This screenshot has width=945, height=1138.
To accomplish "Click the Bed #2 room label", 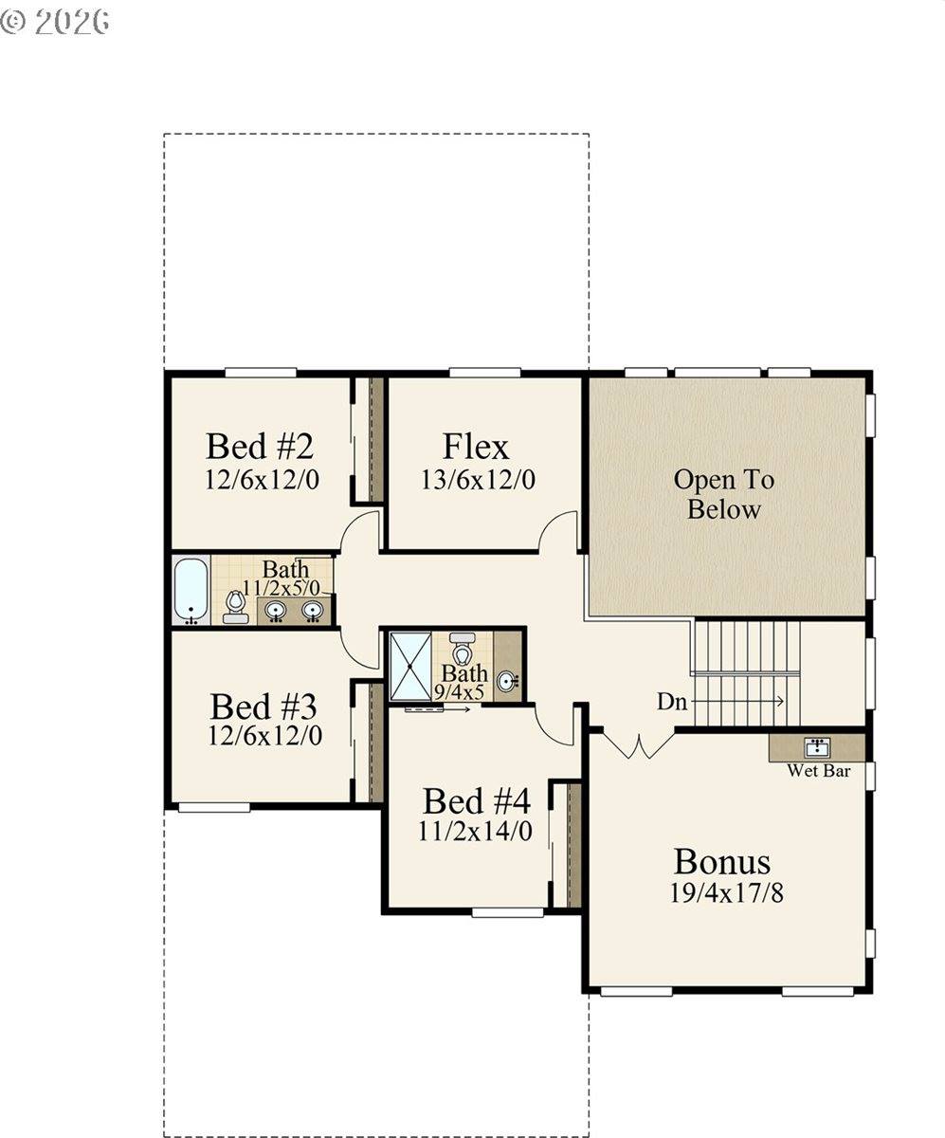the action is click(x=260, y=447).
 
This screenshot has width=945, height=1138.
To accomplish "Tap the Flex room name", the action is click(x=476, y=447).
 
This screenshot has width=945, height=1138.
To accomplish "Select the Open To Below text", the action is click(x=724, y=494).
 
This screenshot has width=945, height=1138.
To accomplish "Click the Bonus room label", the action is click(x=722, y=862).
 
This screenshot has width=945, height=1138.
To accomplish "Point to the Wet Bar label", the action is click(x=819, y=771).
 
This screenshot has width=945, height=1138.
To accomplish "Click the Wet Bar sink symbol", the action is click(x=817, y=748).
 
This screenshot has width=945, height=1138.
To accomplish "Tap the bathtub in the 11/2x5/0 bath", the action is click(x=191, y=591).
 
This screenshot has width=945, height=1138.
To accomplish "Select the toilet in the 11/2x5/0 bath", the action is click(x=235, y=608).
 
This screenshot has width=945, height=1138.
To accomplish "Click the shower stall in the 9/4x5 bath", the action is click(x=410, y=666).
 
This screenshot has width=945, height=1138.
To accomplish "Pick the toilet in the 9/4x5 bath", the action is click(x=463, y=648).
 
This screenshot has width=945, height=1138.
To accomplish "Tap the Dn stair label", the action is click(x=672, y=702).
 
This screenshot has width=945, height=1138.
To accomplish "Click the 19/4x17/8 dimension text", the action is click(x=726, y=894).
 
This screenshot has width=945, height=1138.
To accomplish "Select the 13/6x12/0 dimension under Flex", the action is click(x=478, y=480).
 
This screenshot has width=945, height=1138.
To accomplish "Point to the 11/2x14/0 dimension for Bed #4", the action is click(x=475, y=832).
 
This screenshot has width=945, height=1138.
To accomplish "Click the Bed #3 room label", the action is click(x=264, y=707).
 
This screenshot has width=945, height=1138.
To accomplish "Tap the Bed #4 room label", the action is click(x=476, y=801).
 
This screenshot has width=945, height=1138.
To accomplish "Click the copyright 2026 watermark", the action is click(x=54, y=22).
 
